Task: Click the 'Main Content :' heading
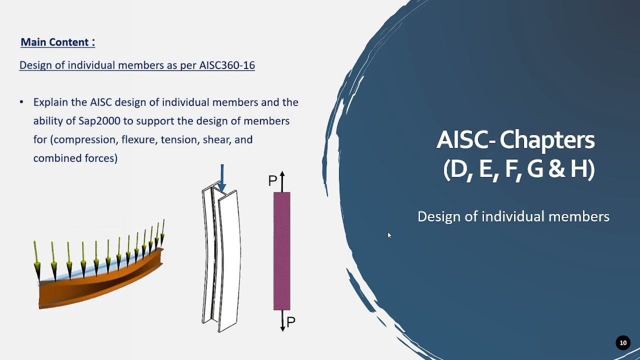pos(57,42)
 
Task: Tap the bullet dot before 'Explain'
pos(21,102)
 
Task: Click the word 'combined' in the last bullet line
pos(53,158)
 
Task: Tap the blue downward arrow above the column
pos(222,177)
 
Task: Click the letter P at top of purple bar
pos(272,181)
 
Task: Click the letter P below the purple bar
pos(291,321)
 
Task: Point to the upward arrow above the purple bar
pos(282,180)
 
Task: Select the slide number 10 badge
pos(623,342)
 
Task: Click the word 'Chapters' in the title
pos(547,140)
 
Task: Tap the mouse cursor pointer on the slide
pos(389,235)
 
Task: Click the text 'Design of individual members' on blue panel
pos(513,216)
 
